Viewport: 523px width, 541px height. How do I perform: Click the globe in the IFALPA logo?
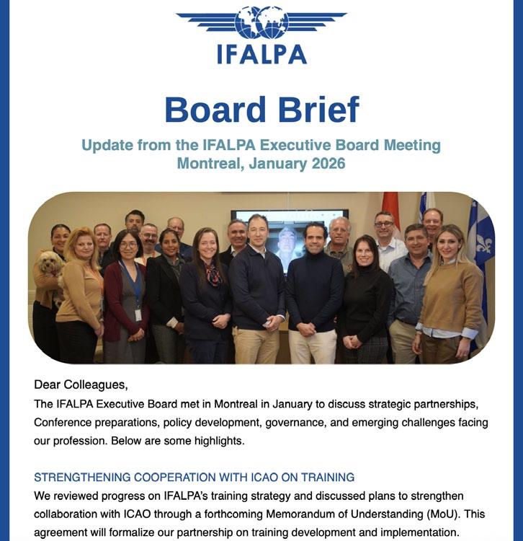[261, 22]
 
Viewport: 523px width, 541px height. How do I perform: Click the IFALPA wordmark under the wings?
[261, 55]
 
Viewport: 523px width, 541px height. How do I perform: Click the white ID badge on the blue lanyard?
[138, 315]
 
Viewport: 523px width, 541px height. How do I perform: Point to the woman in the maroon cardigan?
[126, 296]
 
